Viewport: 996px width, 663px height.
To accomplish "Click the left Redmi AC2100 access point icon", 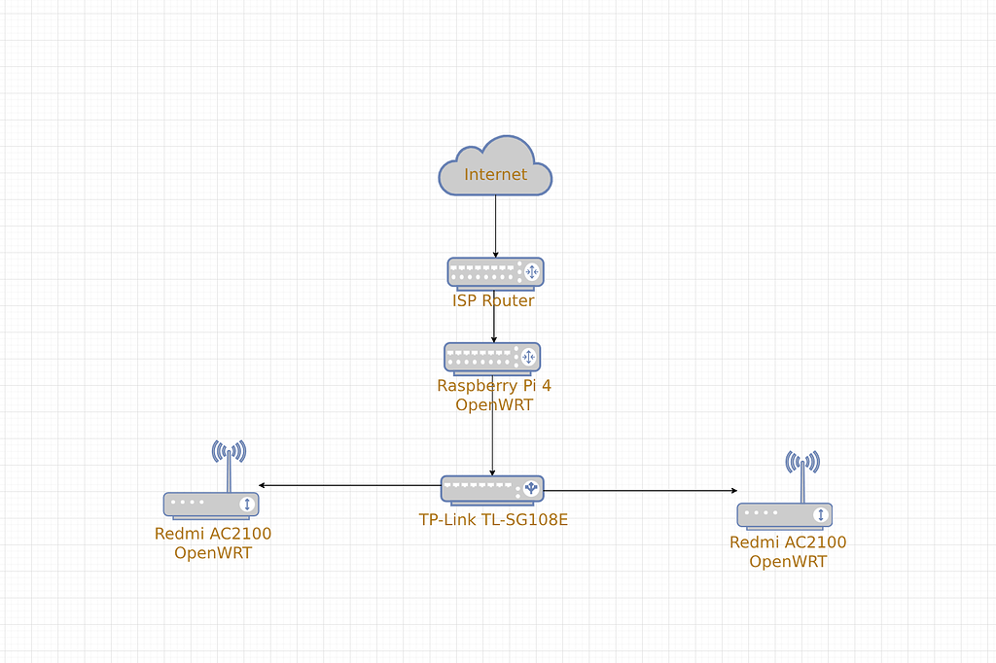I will click(x=211, y=504).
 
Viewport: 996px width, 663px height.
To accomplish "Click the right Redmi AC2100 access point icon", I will click(x=784, y=514).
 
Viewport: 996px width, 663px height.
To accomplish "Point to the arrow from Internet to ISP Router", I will click(x=496, y=226).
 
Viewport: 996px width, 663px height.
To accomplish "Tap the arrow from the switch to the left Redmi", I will click(x=350, y=485).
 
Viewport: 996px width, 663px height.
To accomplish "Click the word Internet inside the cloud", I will click(x=495, y=175).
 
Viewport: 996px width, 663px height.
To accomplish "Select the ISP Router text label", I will click(x=493, y=301).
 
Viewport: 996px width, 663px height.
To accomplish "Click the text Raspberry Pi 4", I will click(x=494, y=386).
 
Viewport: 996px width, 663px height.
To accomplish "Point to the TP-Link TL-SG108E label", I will click(x=493, y=520).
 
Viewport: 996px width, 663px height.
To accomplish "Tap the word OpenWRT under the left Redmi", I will click(x=213, y=553).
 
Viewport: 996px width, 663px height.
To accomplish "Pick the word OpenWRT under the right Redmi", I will click(x=788, y=562).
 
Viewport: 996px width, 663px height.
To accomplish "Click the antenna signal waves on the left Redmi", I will click(x=229, y=451).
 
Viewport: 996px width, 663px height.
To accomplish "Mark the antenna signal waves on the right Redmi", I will click(x=802, y=461).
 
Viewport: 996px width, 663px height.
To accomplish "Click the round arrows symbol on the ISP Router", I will click(x=531, y=272).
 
